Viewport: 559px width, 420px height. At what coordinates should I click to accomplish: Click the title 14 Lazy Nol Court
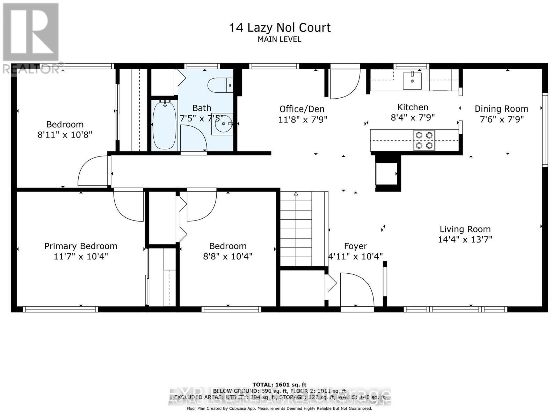[x=279, y=28]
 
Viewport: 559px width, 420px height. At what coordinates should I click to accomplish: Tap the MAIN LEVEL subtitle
[x=279, y=39]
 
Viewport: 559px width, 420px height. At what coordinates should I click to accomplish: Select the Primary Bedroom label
[x=81, y=246]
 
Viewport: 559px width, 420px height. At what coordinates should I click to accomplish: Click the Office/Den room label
[x=302, y=109]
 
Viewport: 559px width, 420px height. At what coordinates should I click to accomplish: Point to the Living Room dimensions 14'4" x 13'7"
[x=465, y=239]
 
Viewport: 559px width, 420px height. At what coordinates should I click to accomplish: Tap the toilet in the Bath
[x=220, y=85]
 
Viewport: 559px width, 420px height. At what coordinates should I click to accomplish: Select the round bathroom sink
[x=223, y=123]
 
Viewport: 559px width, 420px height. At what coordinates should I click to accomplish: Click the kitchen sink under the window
[x=412, y=81]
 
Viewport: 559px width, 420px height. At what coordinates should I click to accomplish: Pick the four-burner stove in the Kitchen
[x=424, y=140]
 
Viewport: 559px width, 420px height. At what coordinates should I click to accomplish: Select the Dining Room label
[x=501, y=109]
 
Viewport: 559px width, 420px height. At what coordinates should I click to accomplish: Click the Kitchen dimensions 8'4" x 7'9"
[x=413, y=118]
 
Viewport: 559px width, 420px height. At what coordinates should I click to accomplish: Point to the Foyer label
[x=355, y=246]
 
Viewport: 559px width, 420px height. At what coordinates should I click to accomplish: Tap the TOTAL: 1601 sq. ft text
[x=279, y=385]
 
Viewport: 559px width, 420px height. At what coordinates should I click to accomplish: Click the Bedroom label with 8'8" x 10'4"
[x=228, y=246]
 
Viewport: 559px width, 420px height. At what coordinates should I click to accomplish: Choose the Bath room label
[x=202, y=108]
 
